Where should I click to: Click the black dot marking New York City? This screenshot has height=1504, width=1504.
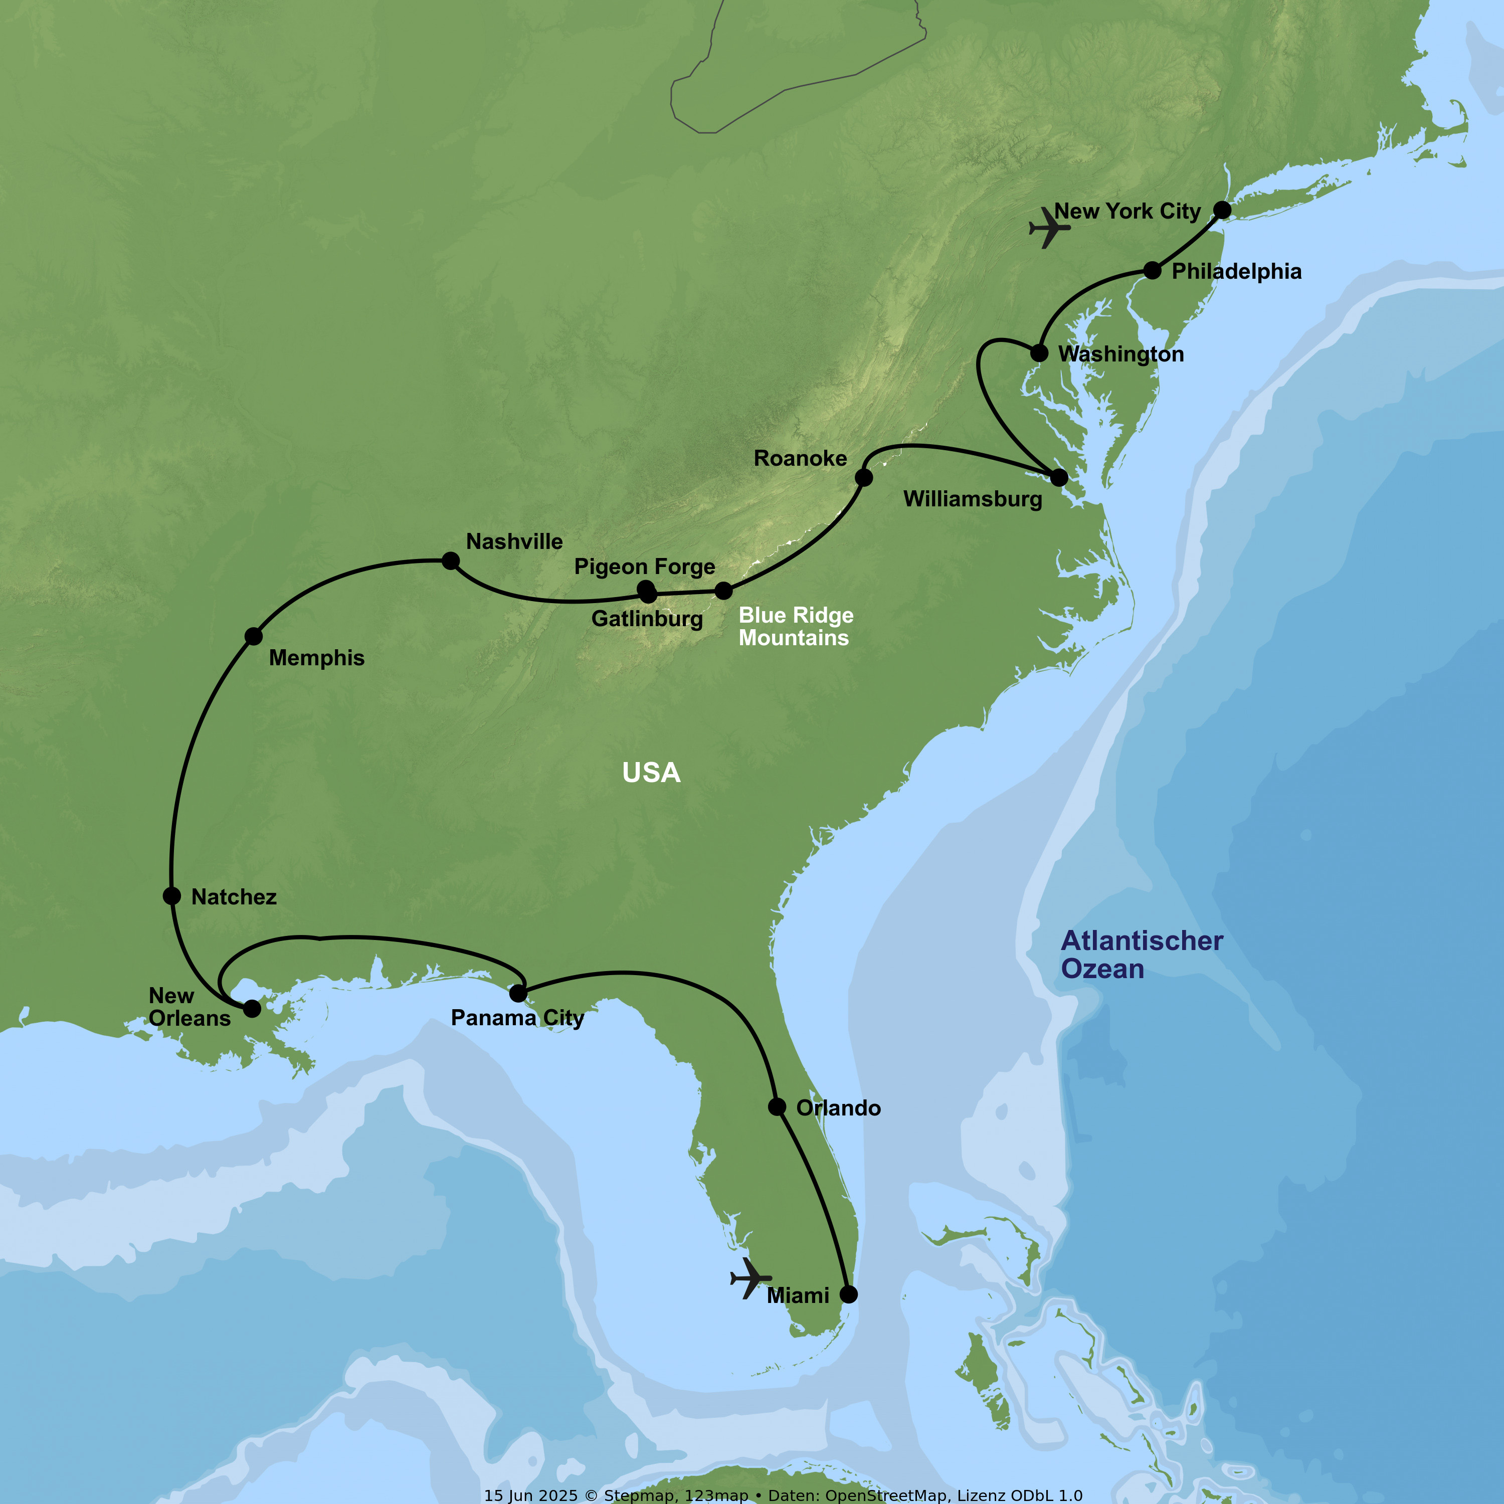point(1222,210)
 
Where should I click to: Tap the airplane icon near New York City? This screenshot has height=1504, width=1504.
point(1049,228)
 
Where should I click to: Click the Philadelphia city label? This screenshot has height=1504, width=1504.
point(1236,272)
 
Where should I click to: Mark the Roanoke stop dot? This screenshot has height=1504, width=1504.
point(863,477)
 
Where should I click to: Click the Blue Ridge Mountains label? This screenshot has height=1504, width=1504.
point(796,627)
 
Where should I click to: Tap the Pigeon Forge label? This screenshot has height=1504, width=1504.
point(645,567)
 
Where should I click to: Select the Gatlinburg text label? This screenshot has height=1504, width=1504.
point(647,619)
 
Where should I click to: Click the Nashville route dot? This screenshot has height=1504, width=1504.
point(450,560)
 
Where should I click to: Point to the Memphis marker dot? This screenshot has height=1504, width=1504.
point(254,636)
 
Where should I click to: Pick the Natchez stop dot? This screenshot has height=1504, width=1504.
point(172,896)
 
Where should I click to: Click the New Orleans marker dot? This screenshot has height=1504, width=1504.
point(252,1009)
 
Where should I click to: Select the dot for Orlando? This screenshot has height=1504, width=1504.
point(777,1107)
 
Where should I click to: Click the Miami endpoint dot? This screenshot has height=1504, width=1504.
point(849,1294)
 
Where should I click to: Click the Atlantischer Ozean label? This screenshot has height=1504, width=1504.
point(1141,955)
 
